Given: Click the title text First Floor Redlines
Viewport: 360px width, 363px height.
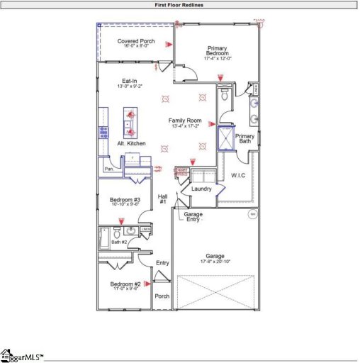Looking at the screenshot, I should coord(180,4).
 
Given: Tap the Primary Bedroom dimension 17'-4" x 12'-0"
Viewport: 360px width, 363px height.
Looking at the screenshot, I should coord(218,58).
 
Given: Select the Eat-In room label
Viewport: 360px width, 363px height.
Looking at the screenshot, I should coord(130,81).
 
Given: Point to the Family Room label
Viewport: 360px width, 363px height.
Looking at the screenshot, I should coord(185,121).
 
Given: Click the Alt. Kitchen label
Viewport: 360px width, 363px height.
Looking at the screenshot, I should coord(131,143).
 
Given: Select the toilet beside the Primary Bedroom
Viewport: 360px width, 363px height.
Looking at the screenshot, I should coord(225,98).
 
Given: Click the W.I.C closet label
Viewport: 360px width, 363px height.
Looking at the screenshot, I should coord(238,174).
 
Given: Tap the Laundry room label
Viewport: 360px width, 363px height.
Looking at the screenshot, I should coord(202,189).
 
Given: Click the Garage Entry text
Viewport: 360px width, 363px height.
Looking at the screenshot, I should coord(193,217).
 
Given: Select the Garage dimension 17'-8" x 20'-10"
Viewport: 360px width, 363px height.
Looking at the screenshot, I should coord(215,262).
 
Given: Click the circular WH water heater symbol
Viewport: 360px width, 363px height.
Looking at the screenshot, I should coord(251,213).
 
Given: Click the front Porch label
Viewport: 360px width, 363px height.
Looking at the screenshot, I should coord(162,296).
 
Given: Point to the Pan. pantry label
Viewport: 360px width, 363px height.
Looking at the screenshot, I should coord(109,169).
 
